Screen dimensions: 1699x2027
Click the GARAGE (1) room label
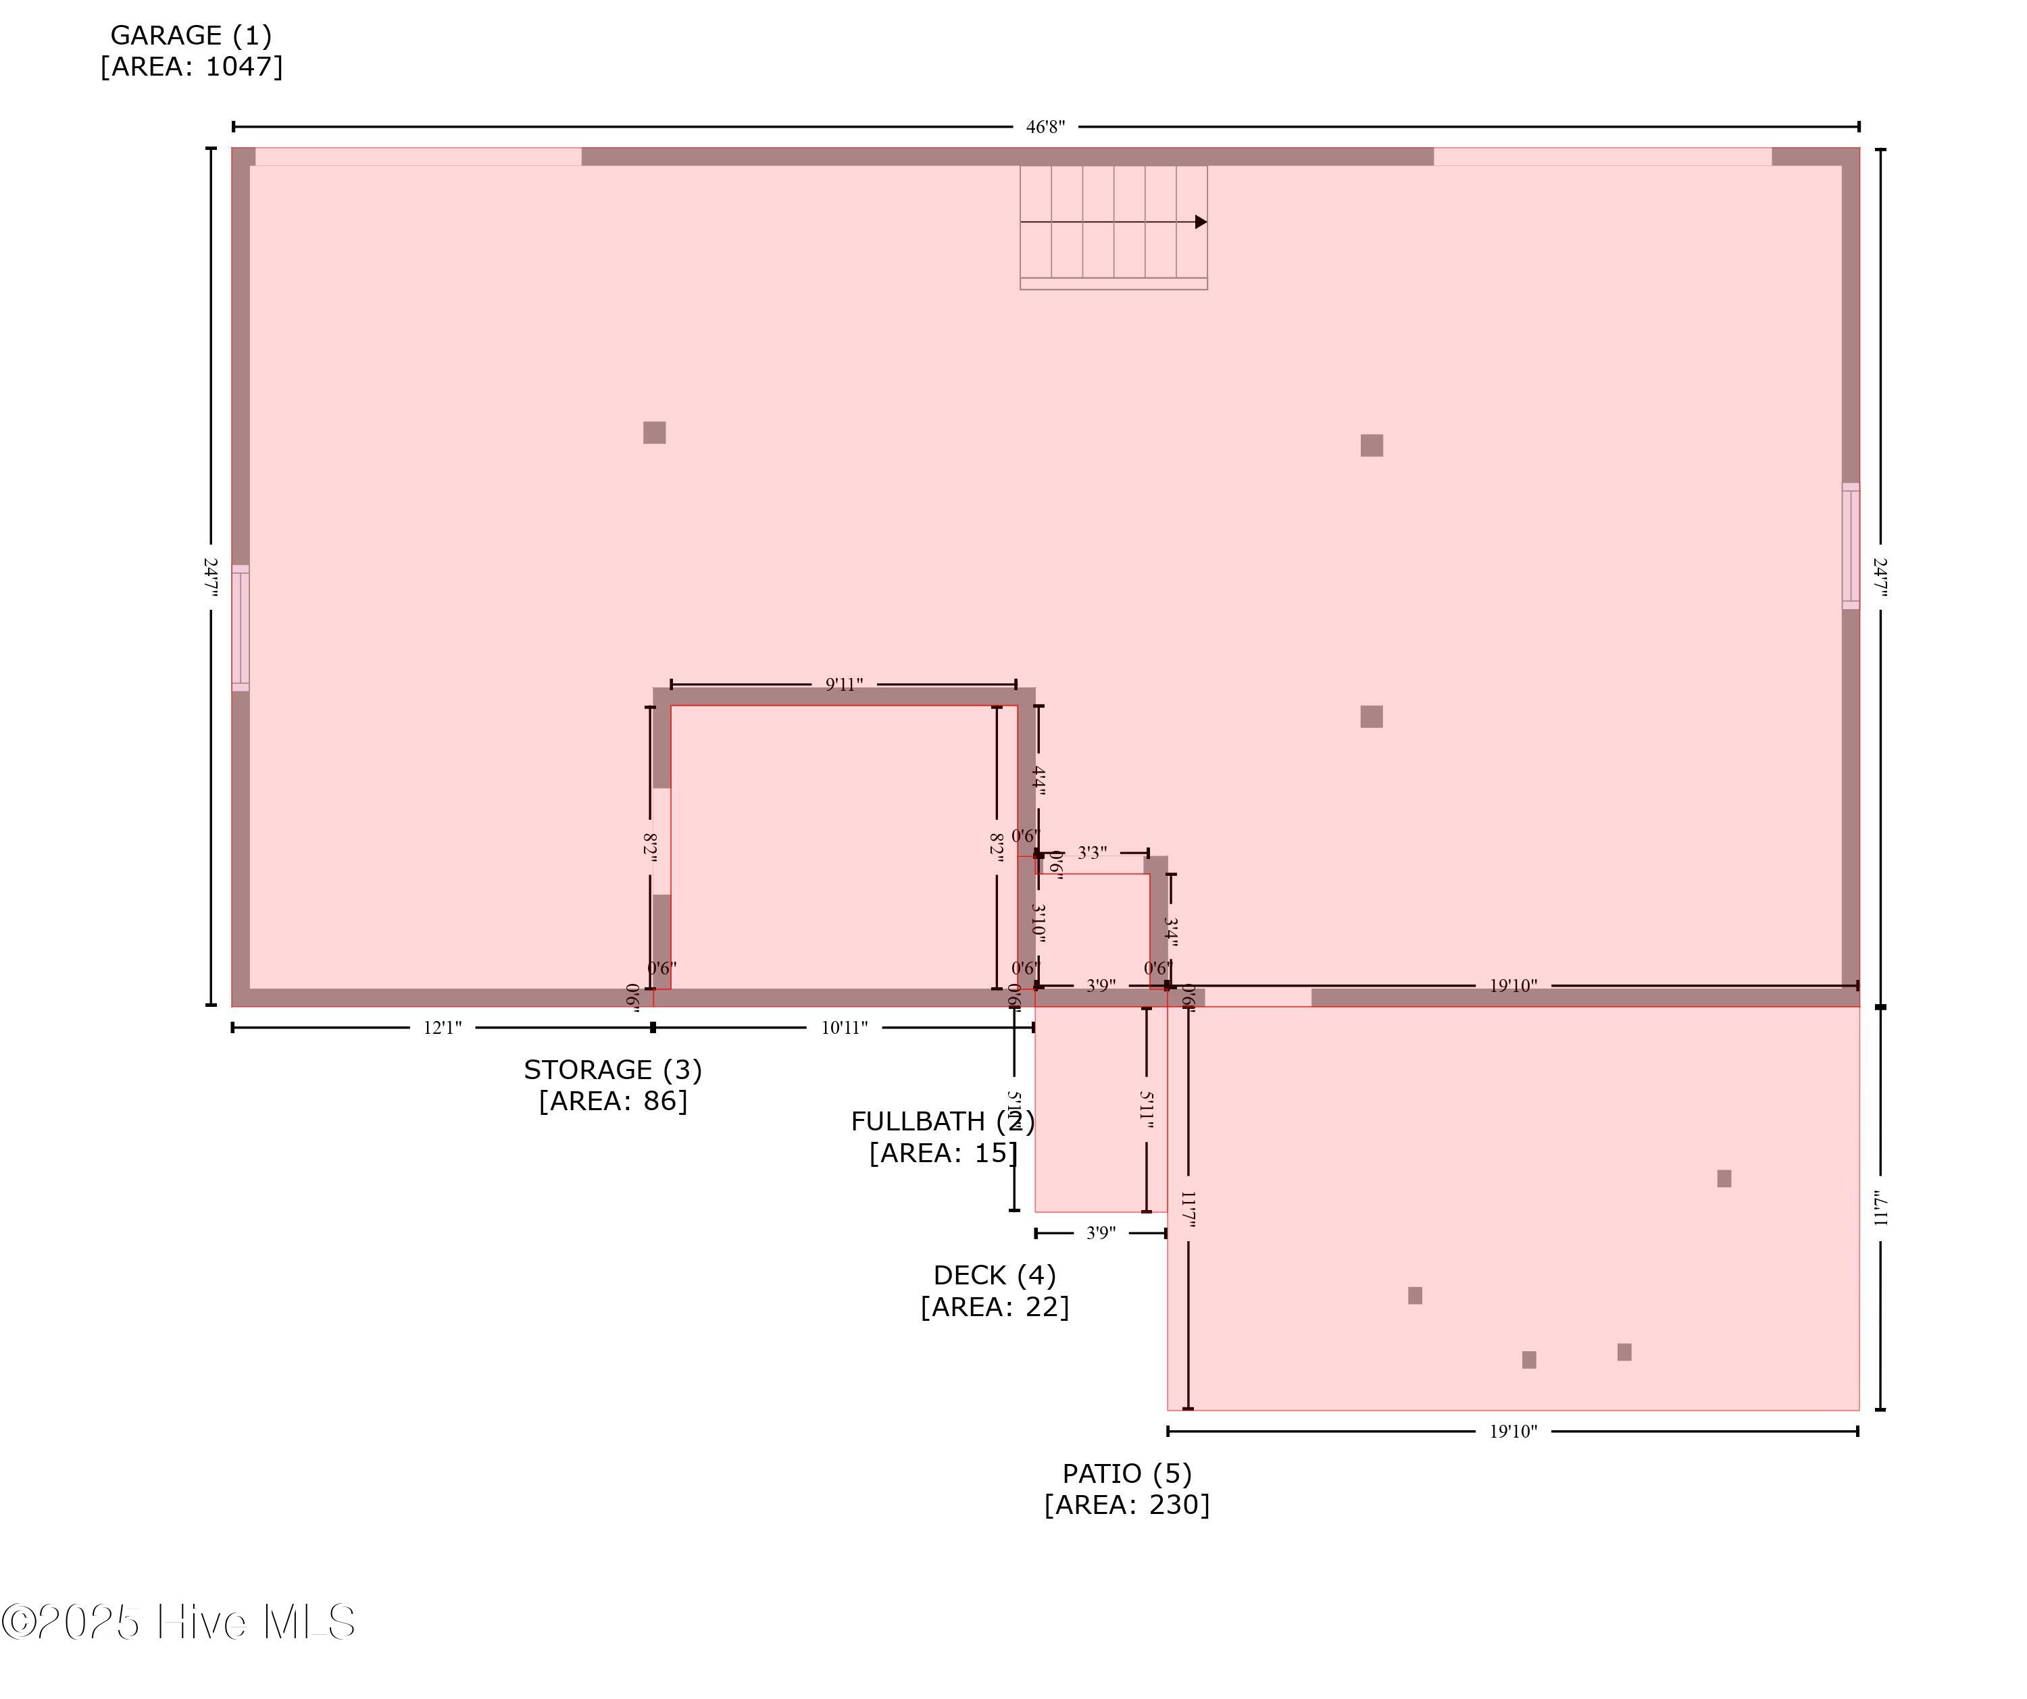click(191, 36)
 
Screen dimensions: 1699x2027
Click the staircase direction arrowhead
click(1201, 222)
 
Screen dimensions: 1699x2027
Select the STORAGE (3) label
click(613, 1070)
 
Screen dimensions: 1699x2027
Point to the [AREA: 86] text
click(613, 1101)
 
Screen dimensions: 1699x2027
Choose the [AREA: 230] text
click(1126, 1504)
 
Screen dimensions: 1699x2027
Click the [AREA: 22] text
click(994, 1307)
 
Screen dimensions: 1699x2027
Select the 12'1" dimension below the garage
click(442, 1028)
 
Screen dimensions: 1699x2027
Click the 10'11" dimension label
click(845, 1028)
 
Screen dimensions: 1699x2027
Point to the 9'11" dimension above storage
click(844, 685)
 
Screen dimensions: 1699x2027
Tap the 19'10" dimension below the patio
click(1513, 1432)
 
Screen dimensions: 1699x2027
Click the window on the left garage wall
click(241, 628)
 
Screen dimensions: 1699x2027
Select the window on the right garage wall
click(1851, 546)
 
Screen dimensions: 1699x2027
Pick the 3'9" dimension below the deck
click(1101, 1233)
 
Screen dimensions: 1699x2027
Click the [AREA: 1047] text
click(191, 67)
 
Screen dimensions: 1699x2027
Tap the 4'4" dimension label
click(1038, 778)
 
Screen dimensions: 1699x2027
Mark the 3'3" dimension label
click(1092, 853)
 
